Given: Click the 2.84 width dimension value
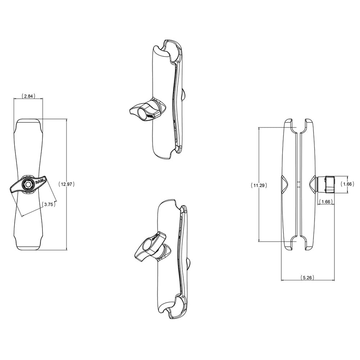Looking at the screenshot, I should coord(28,96).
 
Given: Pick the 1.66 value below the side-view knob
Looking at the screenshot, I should coord(326,202).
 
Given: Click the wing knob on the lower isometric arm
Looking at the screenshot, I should coord(148,247).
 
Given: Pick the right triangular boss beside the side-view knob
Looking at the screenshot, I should coord(312,184).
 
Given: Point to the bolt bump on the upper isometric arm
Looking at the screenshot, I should coord(183,95).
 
